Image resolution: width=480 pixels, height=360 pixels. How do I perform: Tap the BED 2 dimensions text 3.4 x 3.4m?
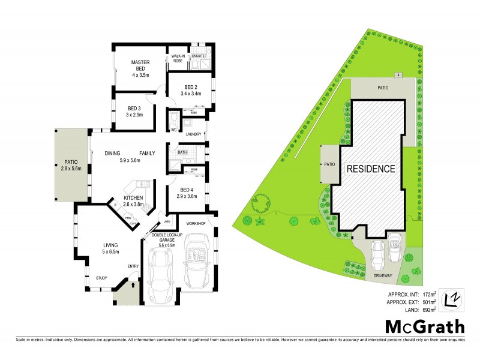(x=193, y=94)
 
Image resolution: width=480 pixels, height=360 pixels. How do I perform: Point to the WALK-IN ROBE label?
(x=178, y=59)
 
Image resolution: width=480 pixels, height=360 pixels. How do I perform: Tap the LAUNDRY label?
(x=193, y=134)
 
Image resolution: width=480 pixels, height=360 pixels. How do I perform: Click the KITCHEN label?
(x=133, y=197)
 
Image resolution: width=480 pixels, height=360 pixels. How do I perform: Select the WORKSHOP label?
(x=196, y=224)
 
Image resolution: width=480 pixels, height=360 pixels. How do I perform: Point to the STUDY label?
(x=102, y=278)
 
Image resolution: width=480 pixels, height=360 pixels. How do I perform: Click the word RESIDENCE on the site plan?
(x=371, y=169)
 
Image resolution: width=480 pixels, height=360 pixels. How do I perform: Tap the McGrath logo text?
(x=424, y=326)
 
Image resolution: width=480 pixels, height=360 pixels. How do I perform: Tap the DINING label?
(x=113, y=154)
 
